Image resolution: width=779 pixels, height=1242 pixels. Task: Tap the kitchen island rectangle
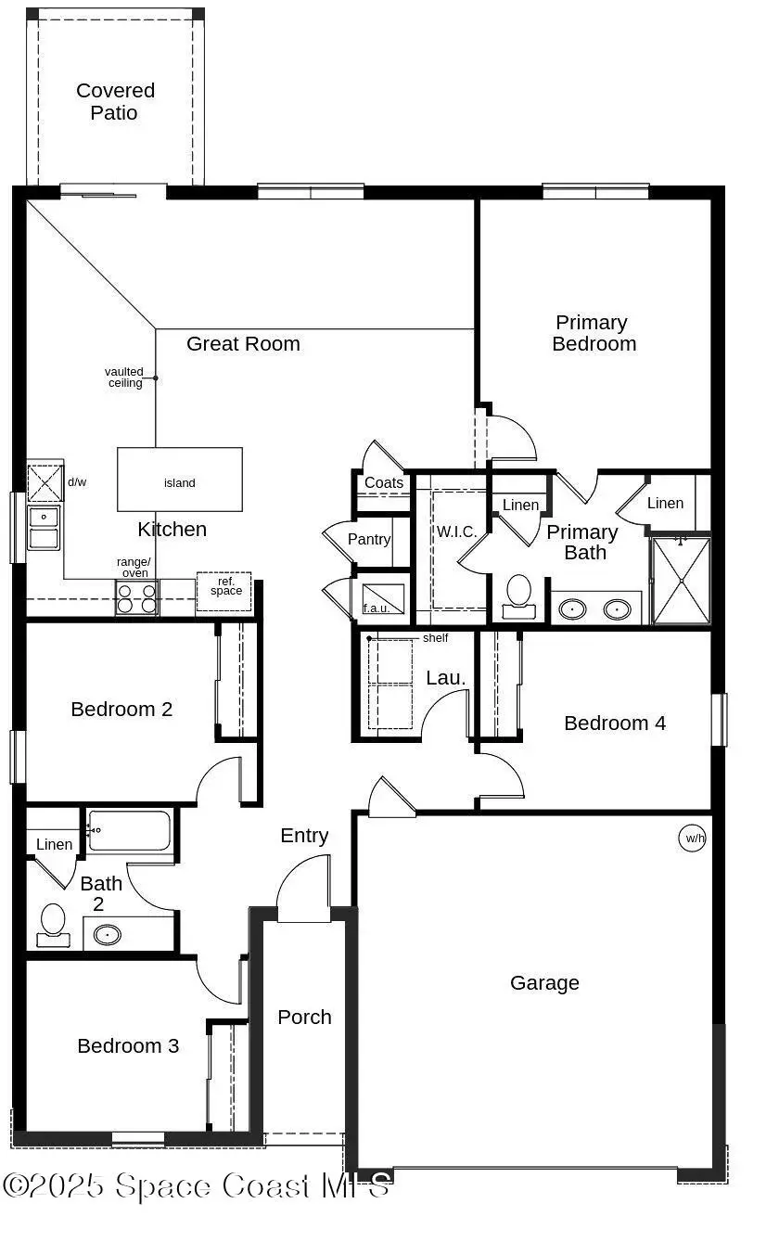[x=179, y=480]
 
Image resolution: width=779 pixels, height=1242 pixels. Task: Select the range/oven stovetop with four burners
[x=136, y=598]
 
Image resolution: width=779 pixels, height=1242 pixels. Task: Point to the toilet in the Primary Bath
[x=519, y=595]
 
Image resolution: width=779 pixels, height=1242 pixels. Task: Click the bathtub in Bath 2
[x=129, y=831]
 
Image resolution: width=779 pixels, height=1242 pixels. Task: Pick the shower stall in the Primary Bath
[x=682, y=581]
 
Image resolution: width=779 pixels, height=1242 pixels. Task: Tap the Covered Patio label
[x=115, y=102]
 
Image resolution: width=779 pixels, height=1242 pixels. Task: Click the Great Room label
[x=243, y=344]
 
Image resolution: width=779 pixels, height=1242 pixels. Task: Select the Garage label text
[x=544, y=983]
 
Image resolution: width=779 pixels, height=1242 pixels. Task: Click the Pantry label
[x=369, y=539]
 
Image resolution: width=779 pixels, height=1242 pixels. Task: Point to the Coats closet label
[x=384, y=483]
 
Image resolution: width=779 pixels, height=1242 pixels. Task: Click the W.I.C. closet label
[x=455, y=532]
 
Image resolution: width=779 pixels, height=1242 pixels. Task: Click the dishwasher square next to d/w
[x=45, y=483]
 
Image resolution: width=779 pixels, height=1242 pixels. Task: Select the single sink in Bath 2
[x=108, y=933]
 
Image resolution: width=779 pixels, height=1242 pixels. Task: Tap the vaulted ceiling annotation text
[x=124, y=378]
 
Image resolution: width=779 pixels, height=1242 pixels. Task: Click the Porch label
[x=304, y=1018]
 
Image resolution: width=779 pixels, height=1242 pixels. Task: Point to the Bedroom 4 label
[x=615, y=723]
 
